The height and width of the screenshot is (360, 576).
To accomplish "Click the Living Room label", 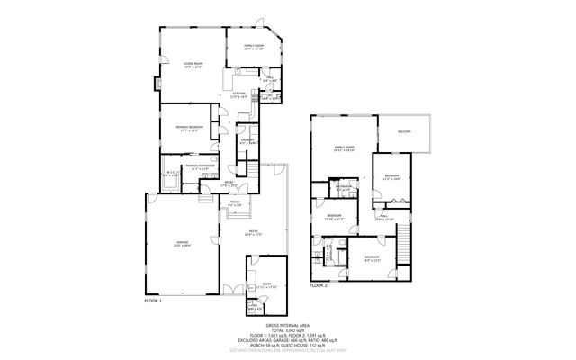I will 191,64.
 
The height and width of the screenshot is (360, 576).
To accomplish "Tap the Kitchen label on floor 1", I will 238,94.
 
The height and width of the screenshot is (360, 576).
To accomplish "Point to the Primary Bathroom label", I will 200,167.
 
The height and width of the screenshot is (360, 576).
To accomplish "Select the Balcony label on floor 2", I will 404,132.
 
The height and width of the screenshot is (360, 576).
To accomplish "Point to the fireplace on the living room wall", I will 158,85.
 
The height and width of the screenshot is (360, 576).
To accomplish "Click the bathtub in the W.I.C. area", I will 171,178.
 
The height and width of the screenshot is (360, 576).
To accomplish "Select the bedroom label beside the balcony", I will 391,177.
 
